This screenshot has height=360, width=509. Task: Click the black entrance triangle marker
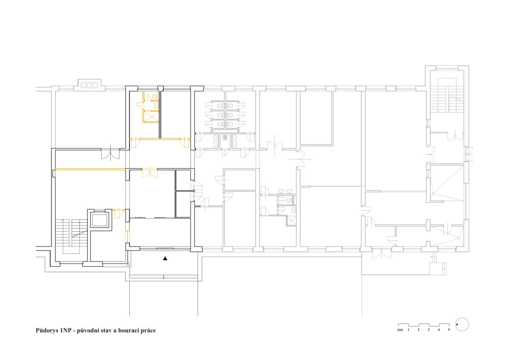click(x=165, y=258)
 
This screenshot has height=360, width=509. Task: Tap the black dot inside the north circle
click(x=457, y=324)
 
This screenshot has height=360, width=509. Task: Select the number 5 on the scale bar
click(x=449, y=329)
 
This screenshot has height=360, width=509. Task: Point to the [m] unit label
click(x=400, y=330)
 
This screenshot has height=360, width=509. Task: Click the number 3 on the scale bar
click(x=428, y=329)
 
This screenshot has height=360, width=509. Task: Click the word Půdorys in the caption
click(x=47, y=330)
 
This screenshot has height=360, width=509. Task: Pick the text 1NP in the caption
click(x=66, y=330)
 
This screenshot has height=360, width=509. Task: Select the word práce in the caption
click(x=148, y=331)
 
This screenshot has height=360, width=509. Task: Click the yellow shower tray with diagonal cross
click(x=151, y=116)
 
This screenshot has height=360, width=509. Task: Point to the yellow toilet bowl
click(x=156, y=97)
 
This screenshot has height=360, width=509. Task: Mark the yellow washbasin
click(x=157, y=106)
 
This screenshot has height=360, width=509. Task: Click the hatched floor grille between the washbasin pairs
click(x=225, y=137)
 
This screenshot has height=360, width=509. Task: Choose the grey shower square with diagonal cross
click(x=291, y=220)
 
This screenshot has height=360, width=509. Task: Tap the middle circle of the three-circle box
click(x=89, y=85)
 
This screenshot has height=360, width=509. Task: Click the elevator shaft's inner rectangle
click(x=100, y=220)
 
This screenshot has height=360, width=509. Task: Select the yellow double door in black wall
click(x=150, y=173)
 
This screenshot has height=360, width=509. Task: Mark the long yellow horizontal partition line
click(x=90, y=169)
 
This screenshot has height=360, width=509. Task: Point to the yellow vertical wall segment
click(x=128, y=231)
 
